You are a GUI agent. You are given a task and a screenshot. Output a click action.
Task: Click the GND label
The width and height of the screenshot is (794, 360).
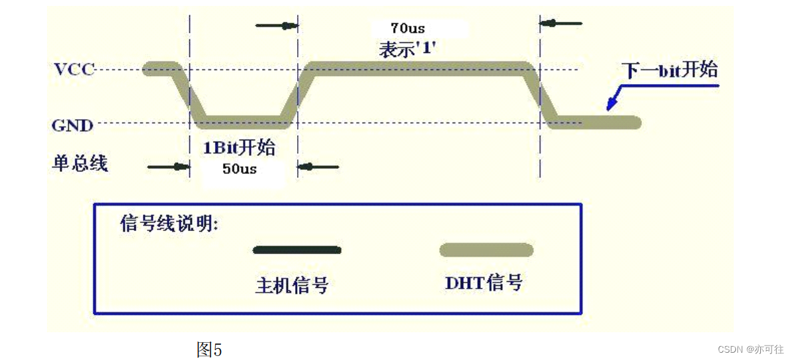click(73, 124)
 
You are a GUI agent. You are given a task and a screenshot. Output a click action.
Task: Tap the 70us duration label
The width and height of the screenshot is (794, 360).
click(408, 28)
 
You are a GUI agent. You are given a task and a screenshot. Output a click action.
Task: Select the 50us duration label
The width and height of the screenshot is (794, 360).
click(239, 169)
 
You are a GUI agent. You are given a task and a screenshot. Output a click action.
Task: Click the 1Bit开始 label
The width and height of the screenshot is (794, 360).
click(239, 147)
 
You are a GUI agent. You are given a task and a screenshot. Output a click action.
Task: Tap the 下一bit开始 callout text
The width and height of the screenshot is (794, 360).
click(669, 70)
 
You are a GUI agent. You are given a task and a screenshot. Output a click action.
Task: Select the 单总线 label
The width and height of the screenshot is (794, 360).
click(79, 163)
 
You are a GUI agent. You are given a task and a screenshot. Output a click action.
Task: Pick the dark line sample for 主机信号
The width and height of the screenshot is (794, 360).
click(297, 250)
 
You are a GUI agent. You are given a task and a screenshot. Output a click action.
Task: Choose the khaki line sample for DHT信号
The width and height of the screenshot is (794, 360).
click(486, 250)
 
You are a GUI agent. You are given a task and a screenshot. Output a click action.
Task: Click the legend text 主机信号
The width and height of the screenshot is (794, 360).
click(292, 285)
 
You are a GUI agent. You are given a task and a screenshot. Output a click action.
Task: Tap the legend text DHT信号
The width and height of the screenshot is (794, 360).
click(484, 283)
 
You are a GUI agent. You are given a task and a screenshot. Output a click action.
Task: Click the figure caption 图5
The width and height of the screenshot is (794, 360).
click(209, 349)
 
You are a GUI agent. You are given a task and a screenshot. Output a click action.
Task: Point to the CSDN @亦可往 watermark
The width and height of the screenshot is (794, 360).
click(751, 349)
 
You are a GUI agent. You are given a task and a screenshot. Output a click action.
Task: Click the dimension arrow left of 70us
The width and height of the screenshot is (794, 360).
click(277, 26)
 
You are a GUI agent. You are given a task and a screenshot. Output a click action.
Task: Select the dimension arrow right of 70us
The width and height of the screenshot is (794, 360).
click(561, 24)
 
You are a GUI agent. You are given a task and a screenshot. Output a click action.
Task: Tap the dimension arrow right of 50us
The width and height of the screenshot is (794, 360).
click(318, 167)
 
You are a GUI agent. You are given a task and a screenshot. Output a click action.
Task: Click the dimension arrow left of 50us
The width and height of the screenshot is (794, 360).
click(168, 167)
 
